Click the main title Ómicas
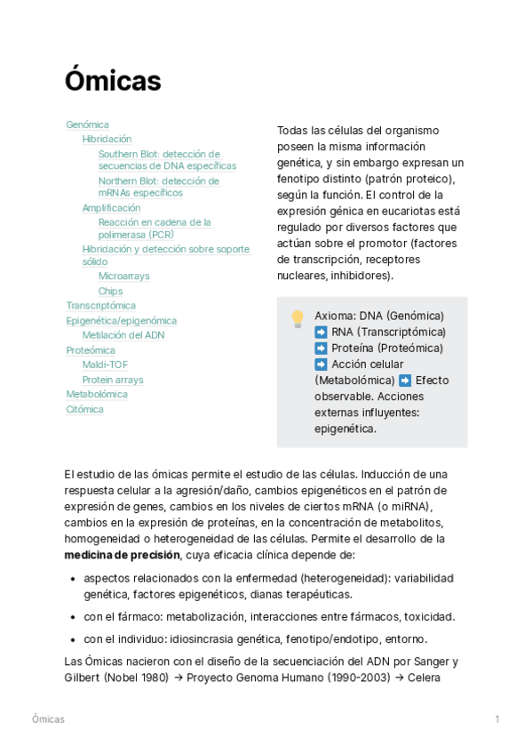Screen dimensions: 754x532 pos(113,82)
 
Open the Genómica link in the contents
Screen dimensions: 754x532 pos(87,124)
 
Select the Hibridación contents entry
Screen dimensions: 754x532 pos(107,139)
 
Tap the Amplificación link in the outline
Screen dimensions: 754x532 pos(111,208)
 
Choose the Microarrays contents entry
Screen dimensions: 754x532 pos(123,276)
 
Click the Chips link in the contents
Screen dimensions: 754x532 pos(110,291)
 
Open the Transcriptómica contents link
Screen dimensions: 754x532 pos(100,306)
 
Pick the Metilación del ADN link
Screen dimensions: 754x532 pos(123,335)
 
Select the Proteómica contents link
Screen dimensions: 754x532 pos(91,350)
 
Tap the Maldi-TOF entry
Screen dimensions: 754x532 pos(105,365)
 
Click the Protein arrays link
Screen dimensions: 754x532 pos(112,380)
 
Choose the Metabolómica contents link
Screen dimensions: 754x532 pos(97,394)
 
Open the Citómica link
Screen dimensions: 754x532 pos(84,409)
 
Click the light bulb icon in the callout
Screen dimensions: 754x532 pos(298,318)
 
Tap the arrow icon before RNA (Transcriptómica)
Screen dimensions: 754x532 pos(321,333)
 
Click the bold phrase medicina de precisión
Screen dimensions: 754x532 pos(122,555)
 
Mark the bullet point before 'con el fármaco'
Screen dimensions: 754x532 pos(72,617)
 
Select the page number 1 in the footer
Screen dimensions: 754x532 pos(497,718)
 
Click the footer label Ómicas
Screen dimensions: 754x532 pos(48,718)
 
